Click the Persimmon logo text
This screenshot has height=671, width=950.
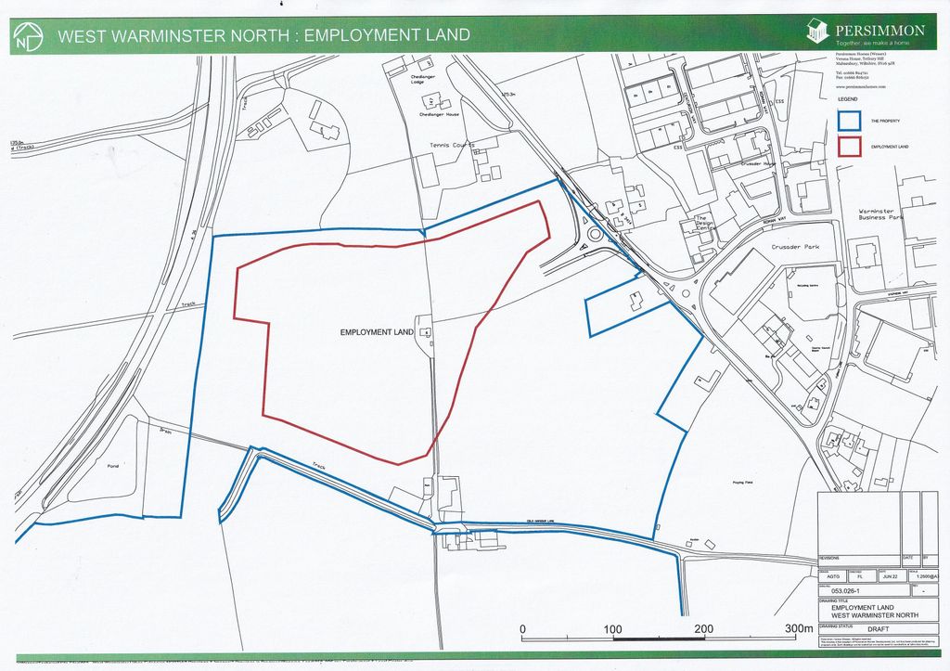click(x=880, y=30)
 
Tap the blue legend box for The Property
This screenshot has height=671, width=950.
click(x=848, y=121)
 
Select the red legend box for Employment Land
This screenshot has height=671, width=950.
click(x=848, y=147)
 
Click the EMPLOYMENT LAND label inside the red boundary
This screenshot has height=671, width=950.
click(x=377, y=332)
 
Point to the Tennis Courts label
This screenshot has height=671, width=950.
click(x=451, y=146)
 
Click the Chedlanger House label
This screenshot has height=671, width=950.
click(x=440, y=114)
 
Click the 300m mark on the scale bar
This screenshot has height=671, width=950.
click(x=798, y=629)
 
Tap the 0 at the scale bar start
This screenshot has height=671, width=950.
click(x=522, y=629)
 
